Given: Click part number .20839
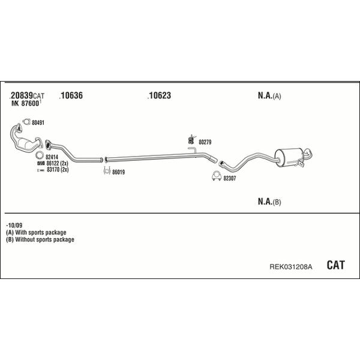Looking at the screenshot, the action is pos(21,95).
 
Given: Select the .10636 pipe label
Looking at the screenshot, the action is pos(71,95).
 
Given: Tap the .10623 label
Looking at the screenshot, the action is pos(159,95).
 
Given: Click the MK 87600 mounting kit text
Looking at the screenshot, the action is pos(25,104).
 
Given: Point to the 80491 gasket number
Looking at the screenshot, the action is pos(38,123).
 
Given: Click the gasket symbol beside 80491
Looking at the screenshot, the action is pos(26,122).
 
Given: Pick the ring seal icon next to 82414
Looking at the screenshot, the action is pos(40,155).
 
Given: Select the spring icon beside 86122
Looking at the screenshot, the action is pos(41,163).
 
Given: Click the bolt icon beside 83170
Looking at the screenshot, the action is pos(41,170).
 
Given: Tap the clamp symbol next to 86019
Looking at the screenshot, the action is pos(107,170).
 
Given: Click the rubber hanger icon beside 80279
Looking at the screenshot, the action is pos(191,139).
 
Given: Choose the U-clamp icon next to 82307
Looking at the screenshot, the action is pos(217,176).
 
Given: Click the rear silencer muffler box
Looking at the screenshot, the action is pos(289,157).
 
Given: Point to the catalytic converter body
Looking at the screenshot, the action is pos(25,144).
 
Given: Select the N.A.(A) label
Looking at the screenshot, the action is pos(269,95).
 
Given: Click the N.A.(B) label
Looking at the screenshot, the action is pos(269,202).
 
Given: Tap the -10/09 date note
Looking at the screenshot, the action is pos(14,225).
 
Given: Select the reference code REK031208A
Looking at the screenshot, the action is pos(290,267).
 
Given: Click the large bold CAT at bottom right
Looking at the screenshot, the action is pos(335,265).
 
